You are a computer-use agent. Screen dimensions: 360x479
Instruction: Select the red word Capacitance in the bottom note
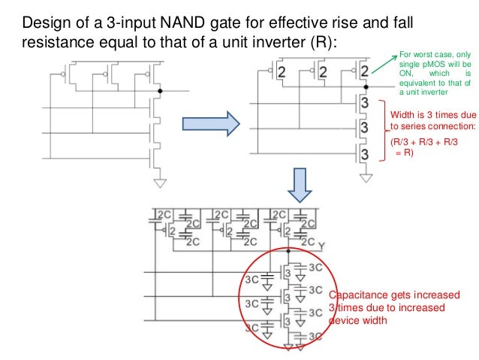click(x=354, y=294)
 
